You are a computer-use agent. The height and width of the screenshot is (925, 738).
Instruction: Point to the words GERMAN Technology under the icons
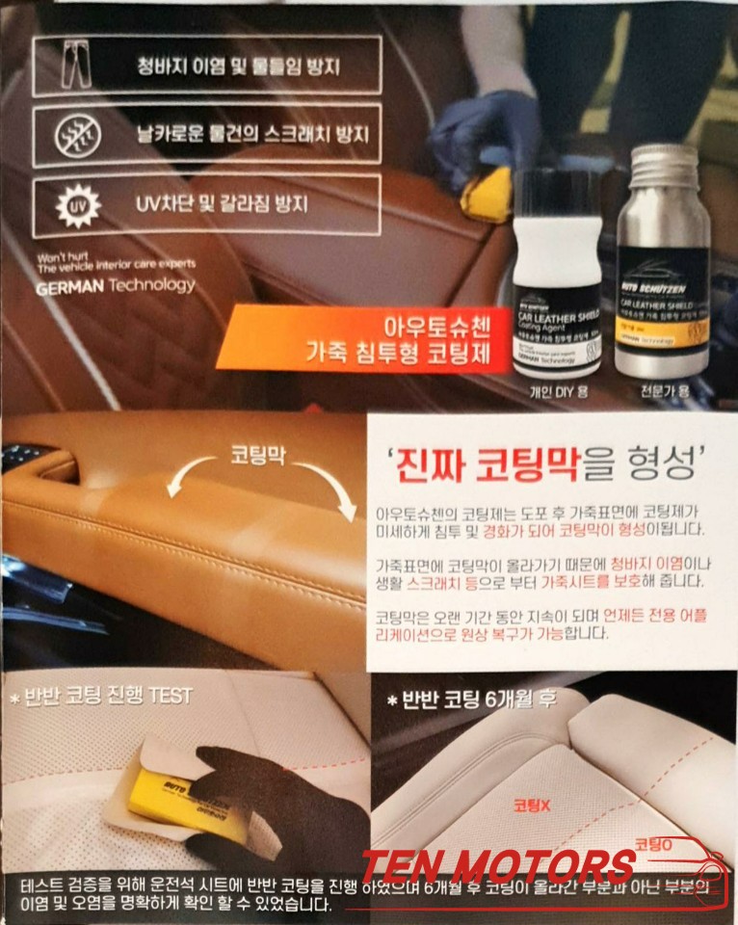115,285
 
